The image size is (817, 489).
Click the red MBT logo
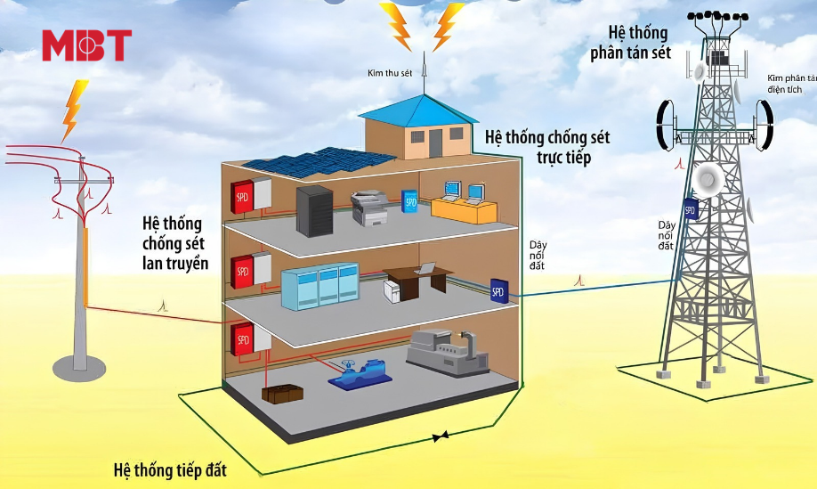pos(87,45)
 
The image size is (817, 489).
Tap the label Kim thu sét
pos(390,73)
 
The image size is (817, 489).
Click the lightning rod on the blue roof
pos(425,73)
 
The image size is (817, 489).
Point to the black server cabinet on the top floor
pos(314,210)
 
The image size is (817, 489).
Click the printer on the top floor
pos(369,208)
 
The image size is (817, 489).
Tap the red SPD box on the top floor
pos(242,197)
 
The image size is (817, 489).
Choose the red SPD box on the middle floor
pos(242,271)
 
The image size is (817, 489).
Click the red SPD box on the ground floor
pos(242,339)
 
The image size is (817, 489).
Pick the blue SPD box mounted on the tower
pos(690,209)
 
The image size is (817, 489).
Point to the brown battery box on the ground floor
pos(282,394)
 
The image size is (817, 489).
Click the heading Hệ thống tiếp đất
pos(170,470)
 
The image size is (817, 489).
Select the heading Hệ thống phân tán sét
pos(631,43)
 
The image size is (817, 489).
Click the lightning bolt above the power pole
pos(74,111)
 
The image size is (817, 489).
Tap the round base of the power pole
pos(79,368)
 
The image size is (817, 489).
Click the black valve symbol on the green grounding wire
pos(441,436)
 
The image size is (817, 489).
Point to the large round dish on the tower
pos(708,179)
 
